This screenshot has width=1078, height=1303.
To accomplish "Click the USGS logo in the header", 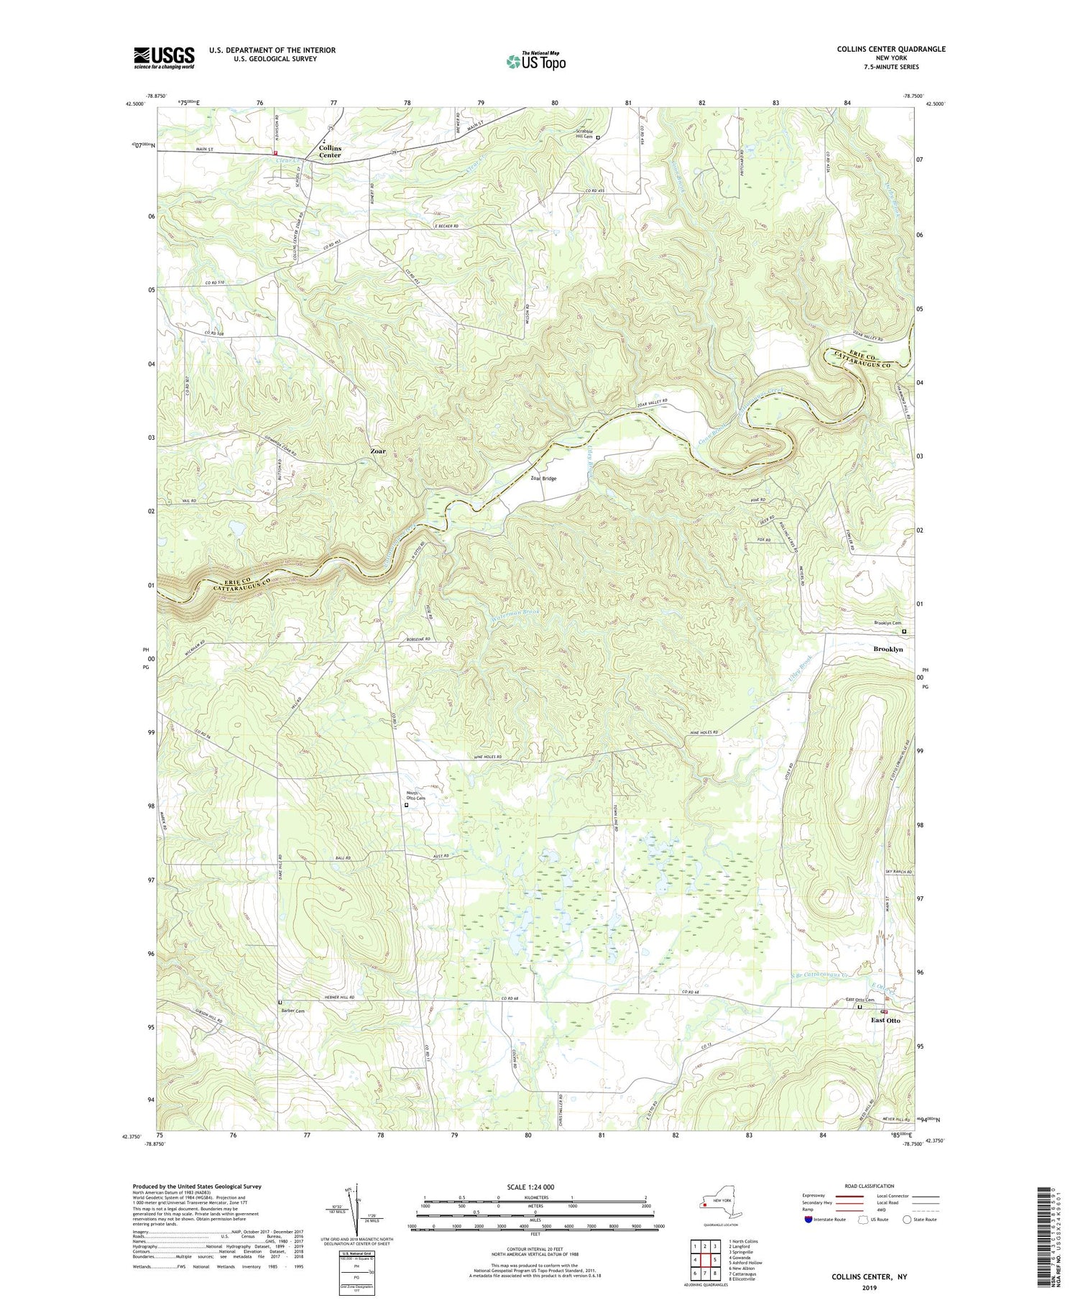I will pos(164,57).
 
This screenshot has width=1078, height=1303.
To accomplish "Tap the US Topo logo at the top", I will pos(535,62).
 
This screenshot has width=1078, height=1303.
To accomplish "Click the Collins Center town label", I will pos(331,151).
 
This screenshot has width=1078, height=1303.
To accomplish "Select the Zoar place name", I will pos(378,451).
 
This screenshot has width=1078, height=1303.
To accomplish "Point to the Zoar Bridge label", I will pos(544,478).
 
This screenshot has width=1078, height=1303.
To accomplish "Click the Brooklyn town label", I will pos(888,649).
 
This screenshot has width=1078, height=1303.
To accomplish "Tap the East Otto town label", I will pos(885,1020).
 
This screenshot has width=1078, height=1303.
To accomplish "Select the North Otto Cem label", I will pos(416,796).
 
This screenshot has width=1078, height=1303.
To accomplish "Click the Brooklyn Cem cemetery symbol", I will pos(905,632).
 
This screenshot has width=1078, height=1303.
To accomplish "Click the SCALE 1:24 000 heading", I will pos(535,1187).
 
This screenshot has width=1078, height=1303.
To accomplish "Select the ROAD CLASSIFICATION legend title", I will pos(870,1186).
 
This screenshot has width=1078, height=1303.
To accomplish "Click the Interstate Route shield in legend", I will pos(808,1219).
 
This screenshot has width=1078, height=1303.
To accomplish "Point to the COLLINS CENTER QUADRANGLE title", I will pos(891,49).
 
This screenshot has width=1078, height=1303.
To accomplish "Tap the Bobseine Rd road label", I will pos(417,639).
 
